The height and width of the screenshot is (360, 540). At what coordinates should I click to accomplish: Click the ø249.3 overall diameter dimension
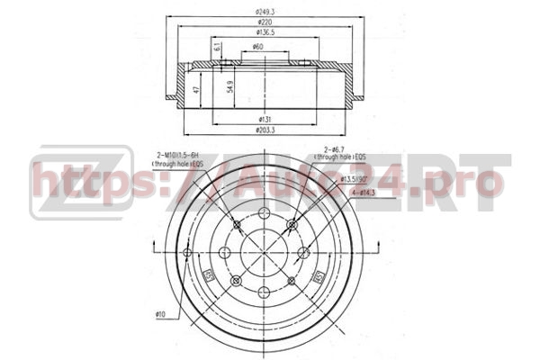[264, 10]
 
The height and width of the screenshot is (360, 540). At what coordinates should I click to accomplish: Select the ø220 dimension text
[264, 22]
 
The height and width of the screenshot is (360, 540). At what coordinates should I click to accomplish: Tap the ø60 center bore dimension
[258, 47]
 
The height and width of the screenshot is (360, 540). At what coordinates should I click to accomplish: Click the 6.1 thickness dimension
[218, 48]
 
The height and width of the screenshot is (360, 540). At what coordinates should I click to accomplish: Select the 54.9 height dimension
[231, 87]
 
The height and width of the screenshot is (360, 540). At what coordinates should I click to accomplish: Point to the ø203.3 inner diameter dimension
[265, 131]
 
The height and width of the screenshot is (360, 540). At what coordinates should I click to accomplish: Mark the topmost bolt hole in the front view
[264, 213]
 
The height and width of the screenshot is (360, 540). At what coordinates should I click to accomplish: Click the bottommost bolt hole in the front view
[264, 291]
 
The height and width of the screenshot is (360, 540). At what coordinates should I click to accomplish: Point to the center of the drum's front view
[264, 252]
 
